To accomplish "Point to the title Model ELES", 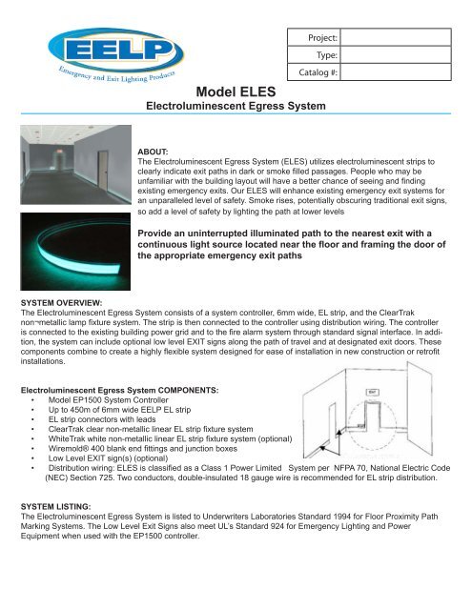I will [236, 91].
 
